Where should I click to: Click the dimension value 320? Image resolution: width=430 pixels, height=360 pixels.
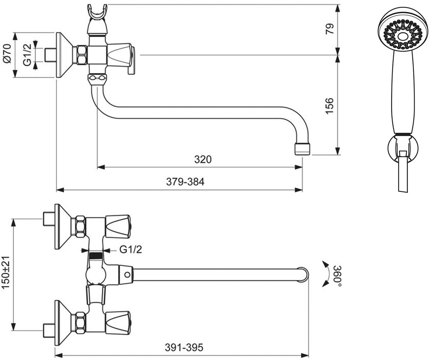[x=203, y=159]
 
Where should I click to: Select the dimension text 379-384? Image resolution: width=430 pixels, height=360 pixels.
[x=185, y=182]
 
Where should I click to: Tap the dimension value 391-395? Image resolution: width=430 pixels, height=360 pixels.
[x=184, y=348]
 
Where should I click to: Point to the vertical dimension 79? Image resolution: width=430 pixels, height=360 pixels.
[x=330, y=29]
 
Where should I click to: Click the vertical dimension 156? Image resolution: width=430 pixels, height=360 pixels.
[x=330, y=106]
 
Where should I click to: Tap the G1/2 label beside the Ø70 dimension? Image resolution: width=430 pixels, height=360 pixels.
[x=27, y=55]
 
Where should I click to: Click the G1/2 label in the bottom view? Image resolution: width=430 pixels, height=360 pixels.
[x=130, y=249]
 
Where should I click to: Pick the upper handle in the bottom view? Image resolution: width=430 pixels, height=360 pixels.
[x=118, y=226]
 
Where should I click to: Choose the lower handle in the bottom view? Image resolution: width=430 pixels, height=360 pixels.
[x=118, y=322]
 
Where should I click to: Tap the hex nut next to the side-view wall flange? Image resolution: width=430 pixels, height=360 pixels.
[x=82, y=55]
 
